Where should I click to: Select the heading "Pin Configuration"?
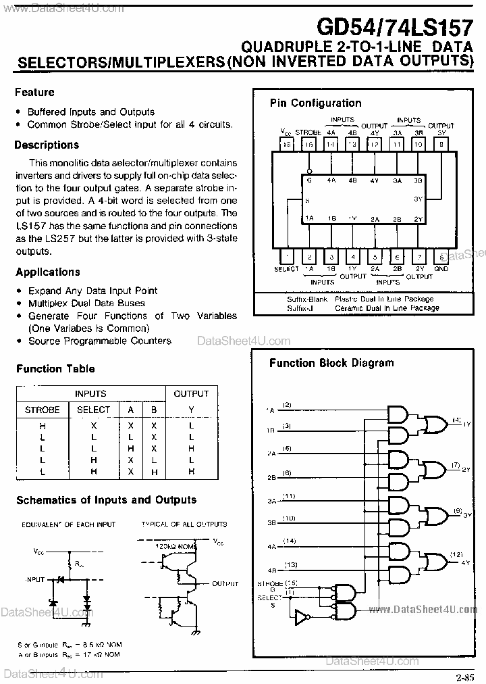pos(315,103)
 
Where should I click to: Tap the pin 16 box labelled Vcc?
pos(286,144)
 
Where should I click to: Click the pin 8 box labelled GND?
pos(441,256)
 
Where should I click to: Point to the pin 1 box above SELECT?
pos(286,256)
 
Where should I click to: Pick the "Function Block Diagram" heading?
pos(331,363)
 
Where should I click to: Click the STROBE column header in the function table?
pos(43,410)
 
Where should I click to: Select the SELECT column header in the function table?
pos(93,410)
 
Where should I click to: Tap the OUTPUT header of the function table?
pos(191,393)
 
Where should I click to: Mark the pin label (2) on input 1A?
pos(287,405)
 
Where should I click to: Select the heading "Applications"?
pos(47,272)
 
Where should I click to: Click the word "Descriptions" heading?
pos(47,145)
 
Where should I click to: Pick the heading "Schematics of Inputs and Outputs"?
pos(106,500)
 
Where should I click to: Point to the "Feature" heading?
pos(34,92)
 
